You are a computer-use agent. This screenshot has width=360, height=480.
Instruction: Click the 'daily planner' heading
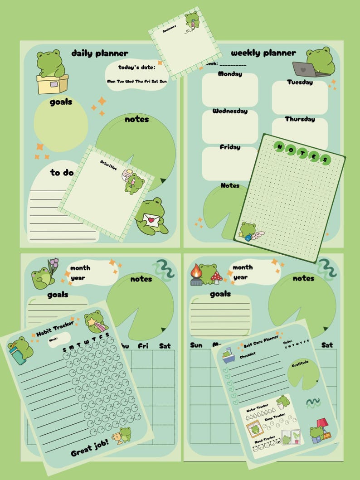click(100, 53)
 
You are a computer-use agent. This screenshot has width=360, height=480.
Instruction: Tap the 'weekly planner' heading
click(263, 53)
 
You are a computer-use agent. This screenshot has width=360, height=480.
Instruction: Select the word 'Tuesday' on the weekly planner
click(300, 82)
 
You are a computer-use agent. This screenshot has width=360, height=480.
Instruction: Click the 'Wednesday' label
click(230, 111)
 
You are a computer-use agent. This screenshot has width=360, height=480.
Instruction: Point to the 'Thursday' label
click(300, 119)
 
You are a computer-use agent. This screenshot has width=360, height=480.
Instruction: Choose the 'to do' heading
click(62, 172)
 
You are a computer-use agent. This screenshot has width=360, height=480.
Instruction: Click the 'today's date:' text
click(136, 68)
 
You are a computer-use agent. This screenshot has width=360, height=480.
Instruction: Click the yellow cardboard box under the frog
click(52, 84)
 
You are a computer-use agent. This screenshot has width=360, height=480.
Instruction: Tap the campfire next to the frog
click(196, 275)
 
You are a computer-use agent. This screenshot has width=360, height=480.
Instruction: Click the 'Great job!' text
click(89, 449)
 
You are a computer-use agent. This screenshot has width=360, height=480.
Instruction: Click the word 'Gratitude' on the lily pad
click(300, 364)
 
